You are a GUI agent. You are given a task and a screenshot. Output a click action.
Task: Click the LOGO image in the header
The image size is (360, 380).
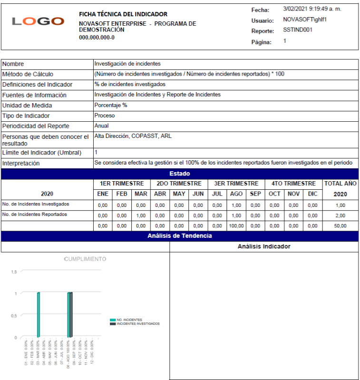pyautogui.click(x=38, y=21)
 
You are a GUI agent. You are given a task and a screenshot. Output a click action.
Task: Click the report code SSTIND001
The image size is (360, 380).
pyautogui.click(x=298, y=29)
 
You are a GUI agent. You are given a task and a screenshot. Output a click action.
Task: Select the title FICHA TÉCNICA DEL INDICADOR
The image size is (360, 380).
pyautogui.click(x=123, y=14)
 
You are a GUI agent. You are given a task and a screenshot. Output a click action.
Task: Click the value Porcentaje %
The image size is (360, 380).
pyautogui.click(x=111, y=105)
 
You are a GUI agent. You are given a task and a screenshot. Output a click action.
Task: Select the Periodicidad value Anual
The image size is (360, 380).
pyautogui.click(x=102, y=126)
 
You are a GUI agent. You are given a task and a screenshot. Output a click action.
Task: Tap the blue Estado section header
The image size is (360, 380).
pyautogui.click(x=179, y=174)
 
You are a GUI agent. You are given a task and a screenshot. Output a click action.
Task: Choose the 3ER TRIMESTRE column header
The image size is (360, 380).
pyautogui.click(x=236, y=184)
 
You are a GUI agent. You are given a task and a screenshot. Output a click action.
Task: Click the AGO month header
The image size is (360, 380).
pyautogui.click(x=236, y=194)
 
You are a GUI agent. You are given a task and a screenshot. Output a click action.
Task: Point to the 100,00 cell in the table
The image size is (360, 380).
pyautogui.click(x=236, y=226)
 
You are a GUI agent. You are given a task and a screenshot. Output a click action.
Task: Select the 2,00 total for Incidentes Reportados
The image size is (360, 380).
pyautogui.click(x=340, y=215)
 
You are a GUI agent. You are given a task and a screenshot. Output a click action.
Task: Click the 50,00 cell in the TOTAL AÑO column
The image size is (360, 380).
pyautogui.click(x=340, y=226)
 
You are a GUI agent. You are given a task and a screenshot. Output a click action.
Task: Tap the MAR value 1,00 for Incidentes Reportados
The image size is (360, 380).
pyautogui.click(x=141, y=215)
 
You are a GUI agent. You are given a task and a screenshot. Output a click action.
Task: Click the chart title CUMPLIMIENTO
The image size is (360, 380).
pyautogui.click(x=85, y=259)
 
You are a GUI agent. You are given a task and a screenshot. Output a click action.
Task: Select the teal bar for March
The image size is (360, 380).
pyautogui.click(x=38, y=315)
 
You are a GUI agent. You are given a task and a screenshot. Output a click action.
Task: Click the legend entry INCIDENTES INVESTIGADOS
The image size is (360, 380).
pyautogui.click(x=138, y=323)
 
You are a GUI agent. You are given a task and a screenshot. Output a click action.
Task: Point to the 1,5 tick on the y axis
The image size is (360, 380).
pyautogui.click(x=14, y=272)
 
